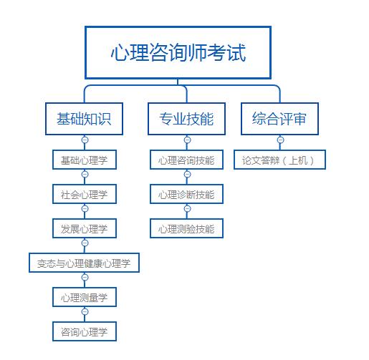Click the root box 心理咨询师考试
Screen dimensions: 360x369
tap(178, 53)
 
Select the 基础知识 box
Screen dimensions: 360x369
tap(84, 119)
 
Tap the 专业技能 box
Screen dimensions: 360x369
tap(186, 119)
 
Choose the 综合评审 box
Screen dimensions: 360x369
tap(279, 119)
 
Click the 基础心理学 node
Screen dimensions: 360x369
tap(85, 159)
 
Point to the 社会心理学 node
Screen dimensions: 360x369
tap(85, 193)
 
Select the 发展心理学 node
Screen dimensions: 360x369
tap(85, 228)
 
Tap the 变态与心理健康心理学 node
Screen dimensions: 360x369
tap(85, 263)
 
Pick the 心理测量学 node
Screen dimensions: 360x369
tap(85, 297)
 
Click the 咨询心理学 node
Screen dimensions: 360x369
tap(85, 331)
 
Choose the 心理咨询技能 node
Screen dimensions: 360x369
tap(187, 159)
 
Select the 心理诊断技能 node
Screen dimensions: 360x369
tap(187, 193)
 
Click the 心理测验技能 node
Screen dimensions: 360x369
tap(187, 228)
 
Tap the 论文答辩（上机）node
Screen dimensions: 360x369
tap(279, 159)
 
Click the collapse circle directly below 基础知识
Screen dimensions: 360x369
tap(85, 140)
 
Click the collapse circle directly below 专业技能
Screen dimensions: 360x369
tap(187, 140)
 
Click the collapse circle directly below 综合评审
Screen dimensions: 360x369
tap(280, 140)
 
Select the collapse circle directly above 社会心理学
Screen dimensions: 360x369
tap(85, 174)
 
